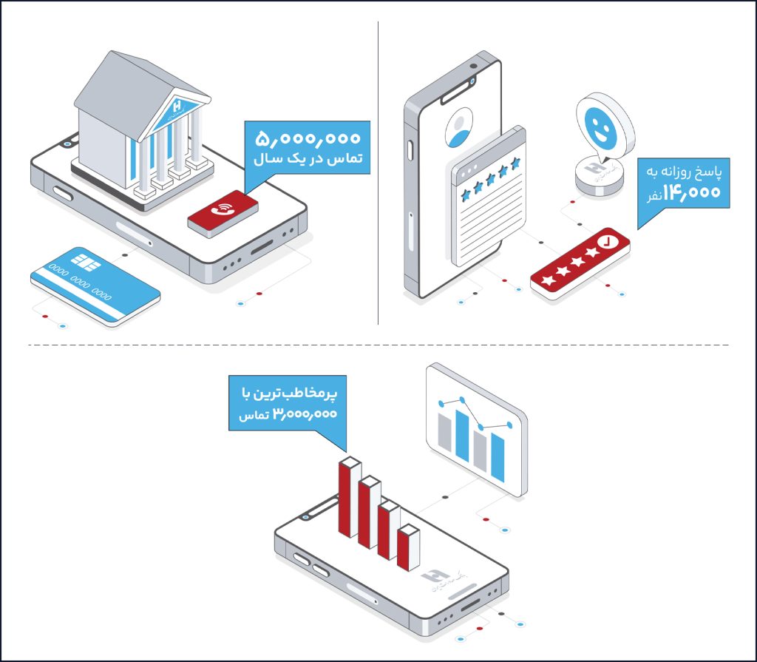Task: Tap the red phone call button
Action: click(x=223, y=209)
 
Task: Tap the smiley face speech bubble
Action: click(x=603, y=126)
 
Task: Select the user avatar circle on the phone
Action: click(x=460, y=126)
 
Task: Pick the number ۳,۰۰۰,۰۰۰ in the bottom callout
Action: click(x=305, y=415)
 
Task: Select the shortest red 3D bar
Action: click(x=407, y=549)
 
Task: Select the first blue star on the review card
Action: click(x=466, y=194)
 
